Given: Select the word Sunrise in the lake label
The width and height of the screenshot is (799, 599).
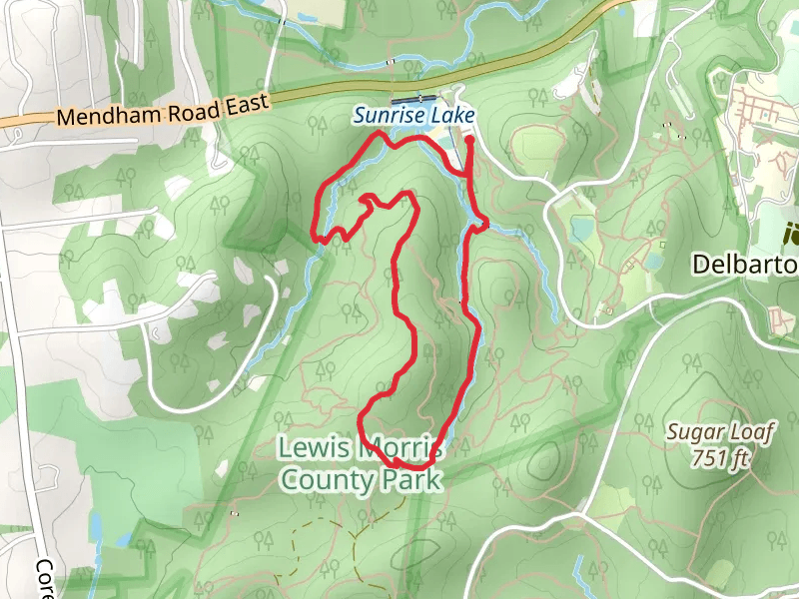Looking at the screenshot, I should click(388, 117).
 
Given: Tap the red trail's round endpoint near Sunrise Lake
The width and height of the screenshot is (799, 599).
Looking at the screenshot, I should click(469, 141).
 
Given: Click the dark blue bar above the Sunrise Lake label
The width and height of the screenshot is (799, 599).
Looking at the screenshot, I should click(411, 100).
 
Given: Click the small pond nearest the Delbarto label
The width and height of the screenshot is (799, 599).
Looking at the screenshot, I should click(654, 262).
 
